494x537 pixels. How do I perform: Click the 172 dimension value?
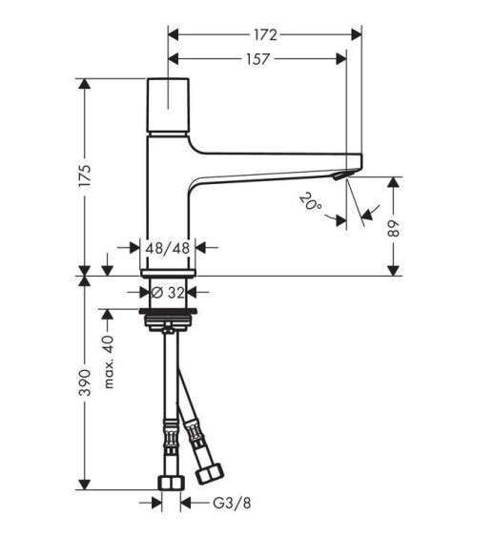(x=265, y=35)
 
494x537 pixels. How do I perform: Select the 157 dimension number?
(x=258, y=59)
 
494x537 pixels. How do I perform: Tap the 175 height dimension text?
(x=85, y=176)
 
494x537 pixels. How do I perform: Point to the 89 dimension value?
(x=394, y=228)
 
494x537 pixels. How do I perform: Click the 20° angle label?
(x=311, y=201)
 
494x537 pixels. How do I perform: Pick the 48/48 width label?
(x=168, y=248)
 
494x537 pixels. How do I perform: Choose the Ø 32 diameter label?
(x=168, y=293)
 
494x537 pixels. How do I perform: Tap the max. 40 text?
(x=108, y=362)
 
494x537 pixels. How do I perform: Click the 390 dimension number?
(x=85, y=382)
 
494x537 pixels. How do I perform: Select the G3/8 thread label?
(x=232, y=503)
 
